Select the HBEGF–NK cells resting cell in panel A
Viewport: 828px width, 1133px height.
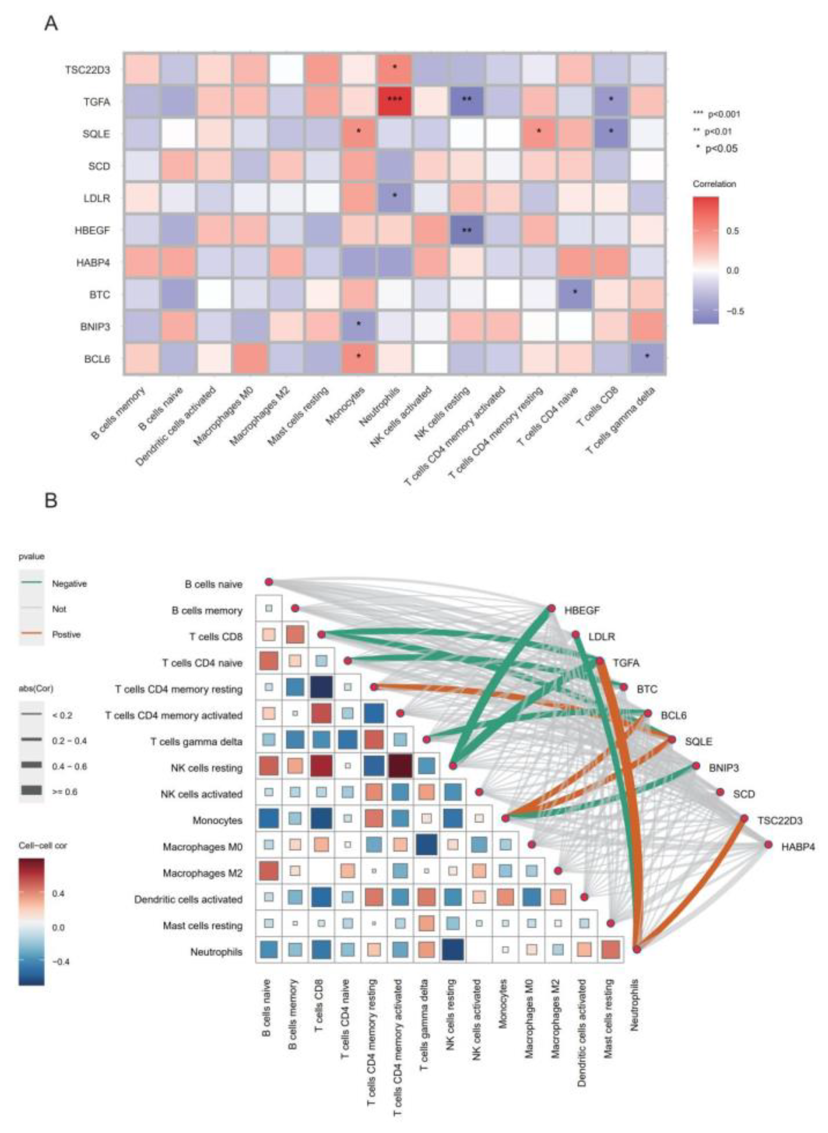pyautogui.click(x=466, y=231)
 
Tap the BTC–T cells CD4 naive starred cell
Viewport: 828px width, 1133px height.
pyautogui.click(x=575, y=294)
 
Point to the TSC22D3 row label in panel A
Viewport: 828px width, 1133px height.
pyautogui.click(x=87, y=70)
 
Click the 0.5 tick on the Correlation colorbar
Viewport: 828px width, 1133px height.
pyautogui.click(x=732, y=231)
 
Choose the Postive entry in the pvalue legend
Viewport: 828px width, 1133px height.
pyautogui.click(x=66, y=634)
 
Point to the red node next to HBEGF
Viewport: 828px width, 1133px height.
pyautogui.click(x=551, y=608)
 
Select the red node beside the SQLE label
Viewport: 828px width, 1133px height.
pyautogui.click(x=672, y=740)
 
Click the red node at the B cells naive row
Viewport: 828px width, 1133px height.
pyautogui.click(x=269, y=582)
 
